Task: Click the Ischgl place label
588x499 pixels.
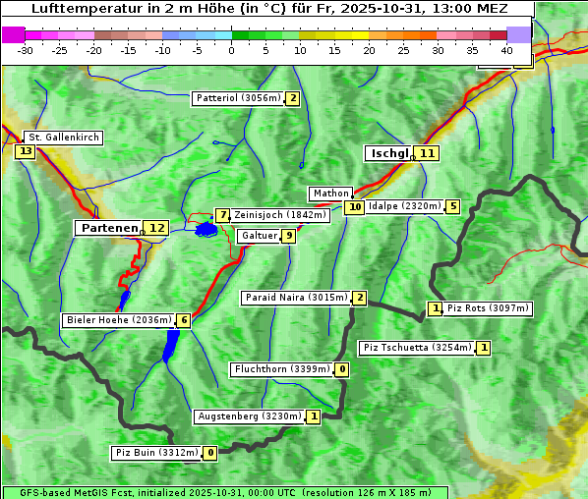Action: [x=388, y=153]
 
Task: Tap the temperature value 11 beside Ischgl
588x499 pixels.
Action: [x=426, y=153]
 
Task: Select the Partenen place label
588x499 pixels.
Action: [x=109, y=228]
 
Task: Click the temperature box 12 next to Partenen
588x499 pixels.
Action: [x=156, y=228]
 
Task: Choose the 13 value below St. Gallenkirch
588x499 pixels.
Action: [x=25, y=151]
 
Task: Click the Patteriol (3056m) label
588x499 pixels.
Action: [x=238, y=98]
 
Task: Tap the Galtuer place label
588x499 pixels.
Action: [x=259, y=236]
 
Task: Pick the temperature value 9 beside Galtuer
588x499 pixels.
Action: [x=288, y=236]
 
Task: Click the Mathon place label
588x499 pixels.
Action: [x=329, y=194]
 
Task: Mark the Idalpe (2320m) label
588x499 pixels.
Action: [x=404, y=206]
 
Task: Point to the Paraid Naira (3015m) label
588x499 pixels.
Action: [x=295, y=298]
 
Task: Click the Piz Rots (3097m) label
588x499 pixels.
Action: [x=488, y=308]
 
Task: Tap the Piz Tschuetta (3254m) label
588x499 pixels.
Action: [x=417, y=348]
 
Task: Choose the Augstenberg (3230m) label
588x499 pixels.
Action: [x=249, y=416]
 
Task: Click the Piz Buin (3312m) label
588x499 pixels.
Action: [x=156, y=453]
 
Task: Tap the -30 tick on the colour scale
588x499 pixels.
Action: [x=26, y=50]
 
